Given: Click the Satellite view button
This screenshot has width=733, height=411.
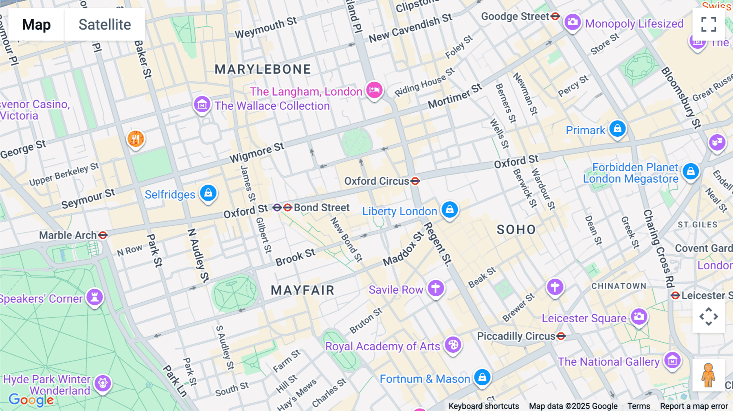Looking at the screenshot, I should pos(105,25).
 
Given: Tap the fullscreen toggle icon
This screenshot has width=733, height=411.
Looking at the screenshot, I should pos(709,24).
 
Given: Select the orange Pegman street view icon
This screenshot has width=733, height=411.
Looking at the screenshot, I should pos(708,375).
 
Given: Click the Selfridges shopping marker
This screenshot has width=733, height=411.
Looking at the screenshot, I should pos(208,193).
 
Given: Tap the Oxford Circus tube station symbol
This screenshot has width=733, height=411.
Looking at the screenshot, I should pos(415,181).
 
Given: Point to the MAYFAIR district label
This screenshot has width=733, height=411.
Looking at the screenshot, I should pos(303,290).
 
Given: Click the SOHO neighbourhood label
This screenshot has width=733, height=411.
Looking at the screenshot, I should pos(516,230).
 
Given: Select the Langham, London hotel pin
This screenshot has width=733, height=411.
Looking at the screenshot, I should pos(374,90).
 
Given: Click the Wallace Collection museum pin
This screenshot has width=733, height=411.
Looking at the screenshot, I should pos(202,105).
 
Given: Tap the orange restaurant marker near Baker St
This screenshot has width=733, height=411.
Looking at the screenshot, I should pos(136,139).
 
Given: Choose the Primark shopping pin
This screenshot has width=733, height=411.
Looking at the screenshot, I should pos(617,129).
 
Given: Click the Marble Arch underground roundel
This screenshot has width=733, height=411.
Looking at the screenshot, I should pos(103,235).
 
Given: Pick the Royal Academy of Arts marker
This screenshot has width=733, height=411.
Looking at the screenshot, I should pos(453,345).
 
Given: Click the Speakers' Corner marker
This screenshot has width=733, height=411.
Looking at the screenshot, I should pos(94,297).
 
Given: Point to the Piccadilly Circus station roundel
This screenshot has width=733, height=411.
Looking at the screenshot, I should pos(561,336).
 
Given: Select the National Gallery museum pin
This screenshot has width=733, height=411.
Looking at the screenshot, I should pos(672,360).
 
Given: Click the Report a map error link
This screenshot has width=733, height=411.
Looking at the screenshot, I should pos(694,406).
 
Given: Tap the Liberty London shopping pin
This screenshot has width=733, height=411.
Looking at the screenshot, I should pos(450,210).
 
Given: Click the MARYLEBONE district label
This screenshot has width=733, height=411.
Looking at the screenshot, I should pos(263,69).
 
